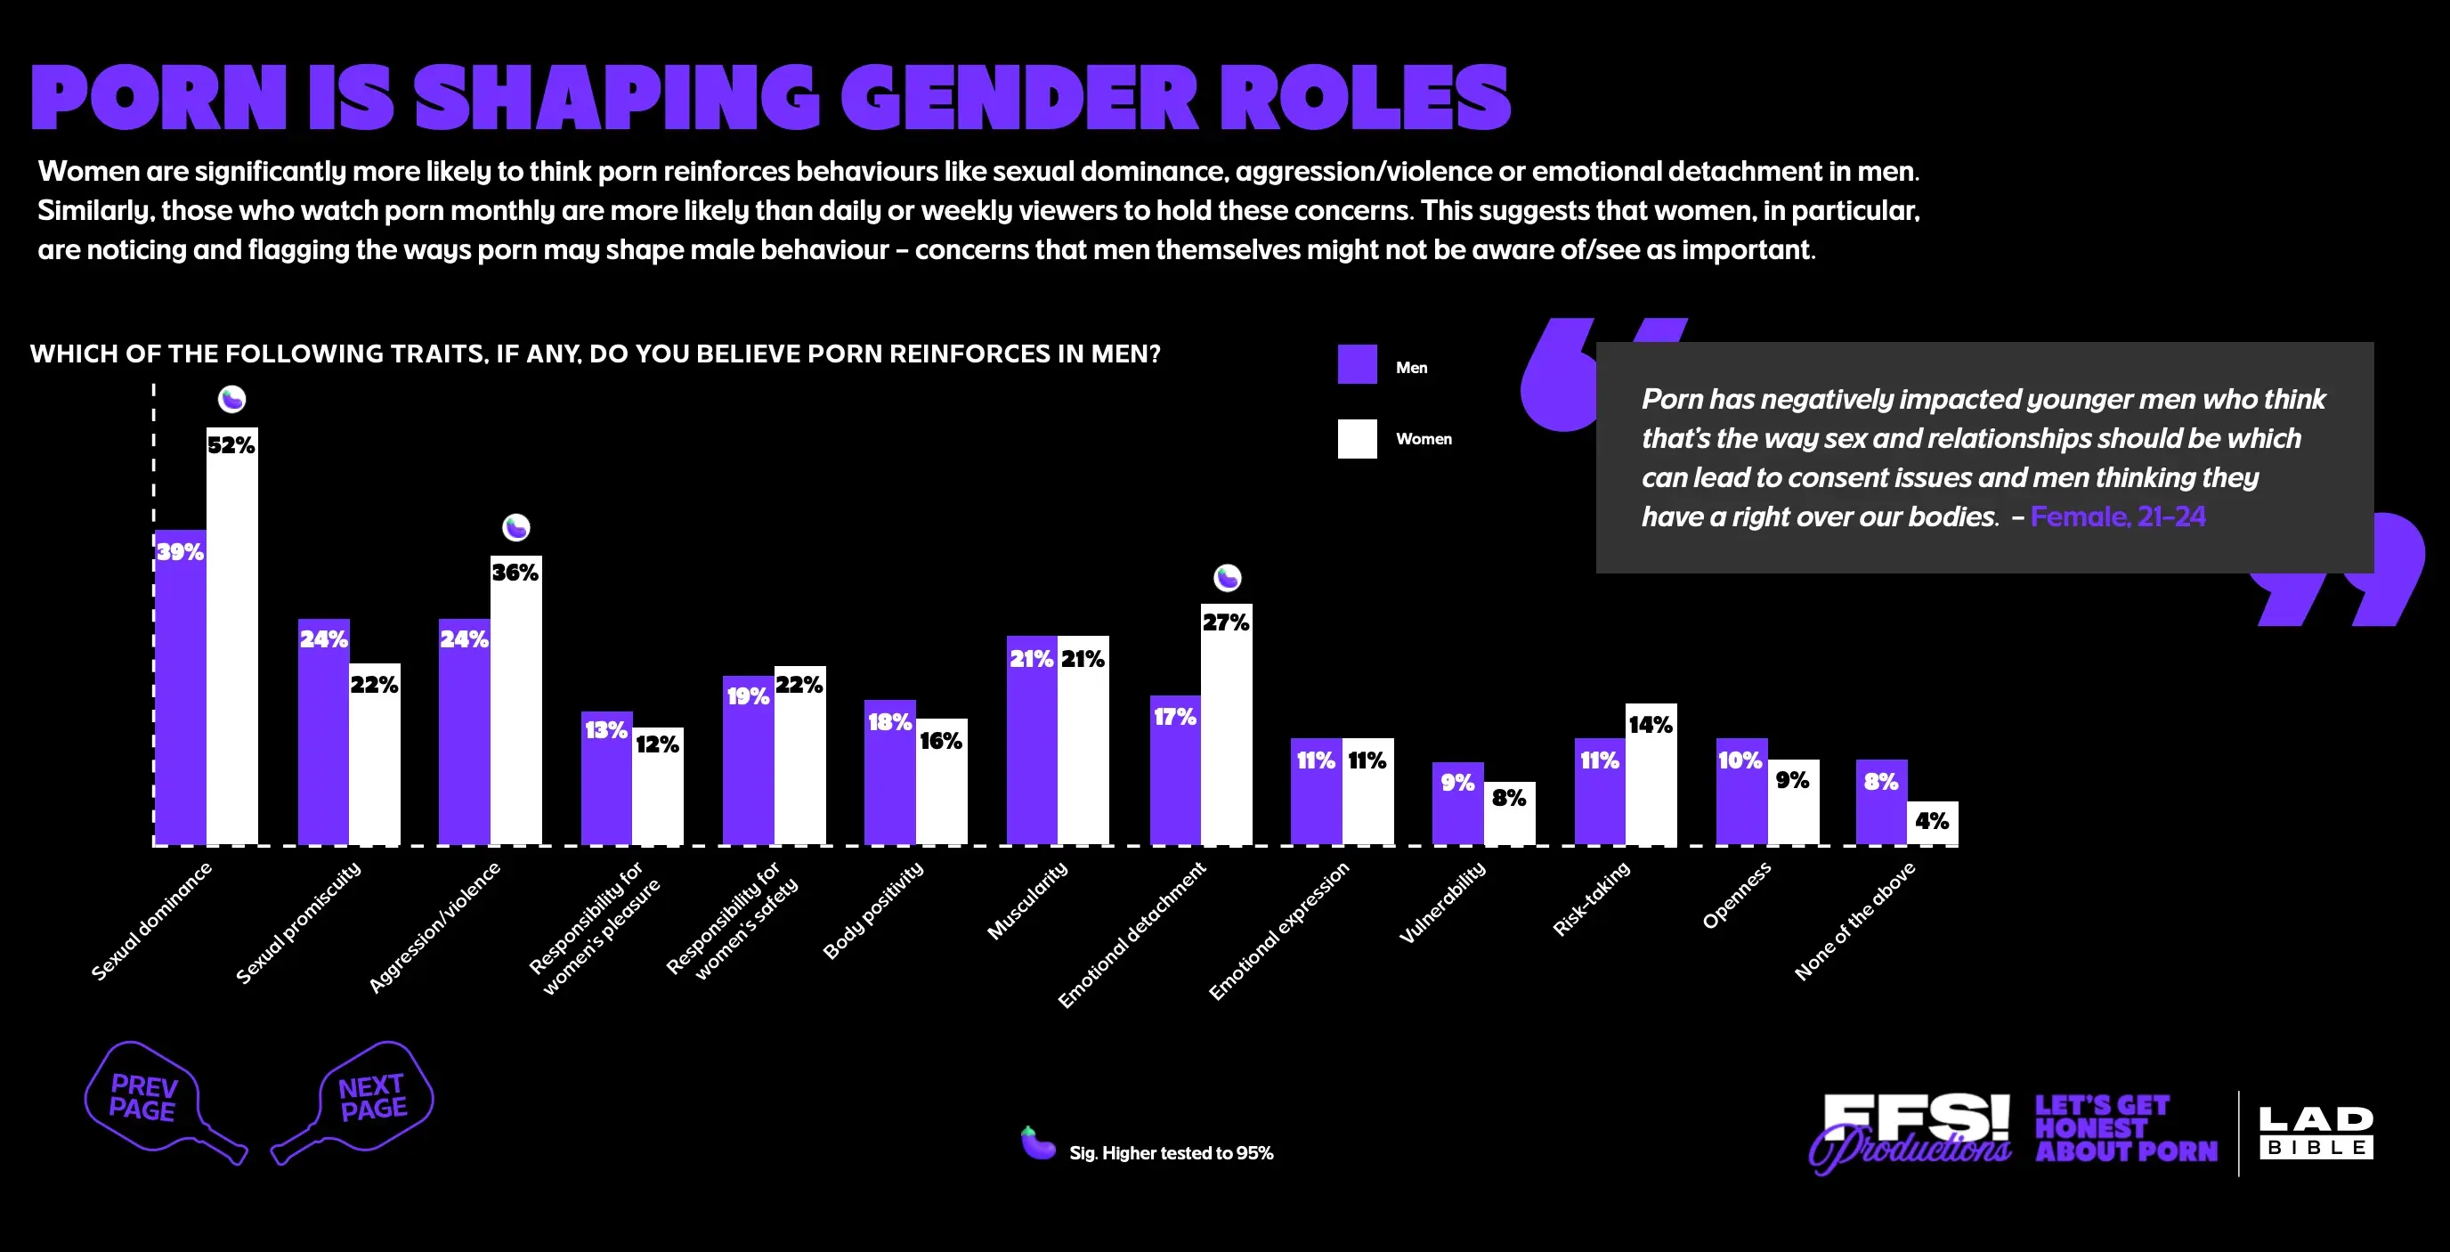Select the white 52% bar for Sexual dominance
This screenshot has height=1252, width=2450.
tap(232, 638)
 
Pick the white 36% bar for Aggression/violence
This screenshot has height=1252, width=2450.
tap(515, 704)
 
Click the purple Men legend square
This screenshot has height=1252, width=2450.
tap(1356, 364)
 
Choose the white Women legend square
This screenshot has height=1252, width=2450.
tap(1356, 439)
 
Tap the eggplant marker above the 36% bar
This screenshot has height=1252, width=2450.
tap(515, 526)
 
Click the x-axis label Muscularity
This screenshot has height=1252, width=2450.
tap(1027, 901)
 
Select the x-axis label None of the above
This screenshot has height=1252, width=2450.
tap(1854, 921)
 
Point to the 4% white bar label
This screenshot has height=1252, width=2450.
tap(1931, 821)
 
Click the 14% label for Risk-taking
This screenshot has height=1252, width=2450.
tap(1651, 725)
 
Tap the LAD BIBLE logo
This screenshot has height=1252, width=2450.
tap(2315, 1132)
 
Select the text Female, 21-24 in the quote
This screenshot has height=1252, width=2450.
tap(2117, 516)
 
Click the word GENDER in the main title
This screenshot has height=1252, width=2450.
tap(1018, 98)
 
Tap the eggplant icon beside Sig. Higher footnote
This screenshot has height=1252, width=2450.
tap(1038, 1143)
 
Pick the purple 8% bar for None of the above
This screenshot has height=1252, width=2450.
tap(1880, 804)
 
